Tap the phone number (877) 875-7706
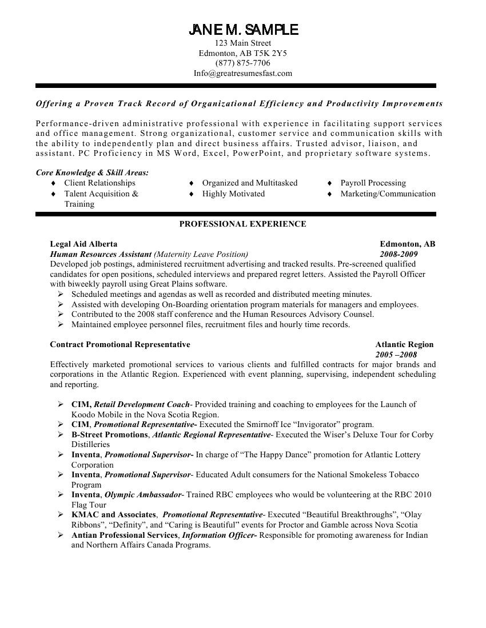point(243,63)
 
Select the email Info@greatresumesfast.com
point(243,73)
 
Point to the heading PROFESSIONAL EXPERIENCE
point(243,224)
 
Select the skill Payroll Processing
point(373,183)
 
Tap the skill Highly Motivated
point(233,194)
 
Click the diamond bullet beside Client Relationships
point(54,183)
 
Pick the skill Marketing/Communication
point(388,194)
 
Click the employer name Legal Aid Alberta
point(83,244)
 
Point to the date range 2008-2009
point(399,254)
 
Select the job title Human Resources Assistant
point(101,254)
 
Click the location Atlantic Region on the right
point(404,344)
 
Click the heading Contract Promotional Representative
point(120,344)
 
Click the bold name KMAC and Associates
point(113,514)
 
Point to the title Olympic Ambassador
point(144,494)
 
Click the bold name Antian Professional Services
point(125,535)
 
